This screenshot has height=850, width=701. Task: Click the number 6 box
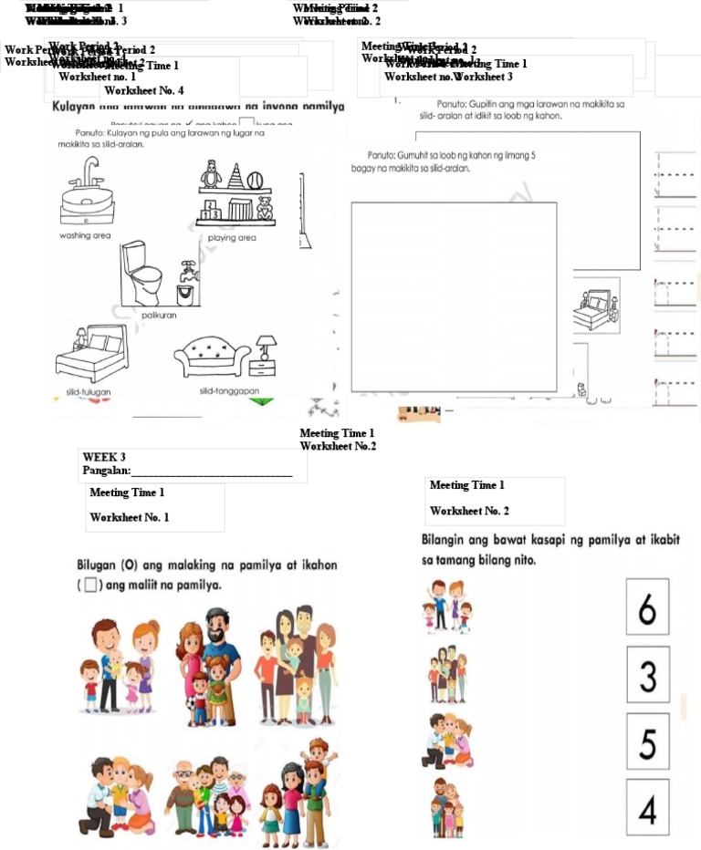click(647, 607)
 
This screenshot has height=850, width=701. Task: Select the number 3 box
click(647, 675)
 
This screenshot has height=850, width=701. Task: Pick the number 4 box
click(647, 807)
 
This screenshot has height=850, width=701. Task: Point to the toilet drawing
click(144, 275)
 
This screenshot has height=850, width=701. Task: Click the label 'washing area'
click(85, 235)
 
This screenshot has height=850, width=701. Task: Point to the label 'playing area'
click(232, 238)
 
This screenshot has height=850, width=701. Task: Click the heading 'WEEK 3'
click(104, 457)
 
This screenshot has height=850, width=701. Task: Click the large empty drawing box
click(454, 296)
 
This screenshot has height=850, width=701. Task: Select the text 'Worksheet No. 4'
click(144, 90)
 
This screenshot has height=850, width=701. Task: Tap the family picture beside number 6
click(445, 606)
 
